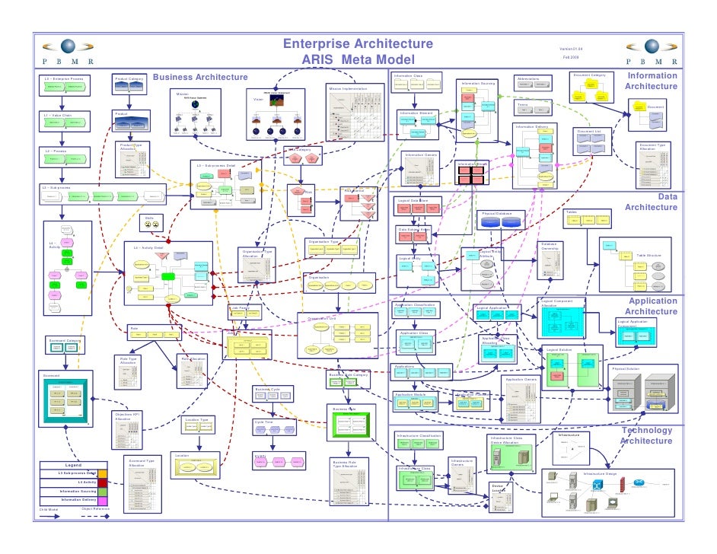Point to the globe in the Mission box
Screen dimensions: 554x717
point(195,105)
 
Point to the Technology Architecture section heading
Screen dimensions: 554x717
point(646,435)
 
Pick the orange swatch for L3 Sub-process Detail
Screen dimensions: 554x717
point(103,473)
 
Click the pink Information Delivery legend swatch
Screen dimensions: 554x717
point(103,500)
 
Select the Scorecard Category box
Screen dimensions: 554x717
point(65,347)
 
